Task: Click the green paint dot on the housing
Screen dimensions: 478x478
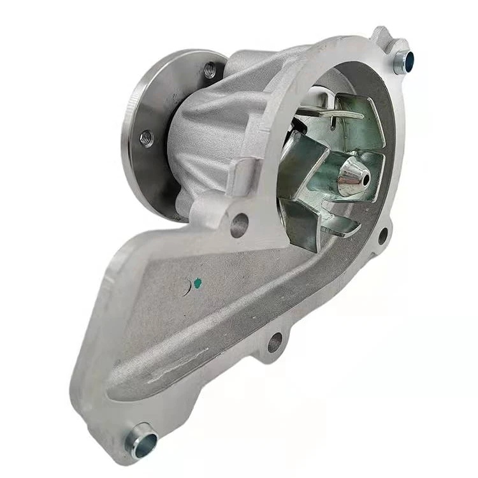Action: (x=197, y=280)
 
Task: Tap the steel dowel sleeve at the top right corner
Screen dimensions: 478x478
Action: (x=403, y=61)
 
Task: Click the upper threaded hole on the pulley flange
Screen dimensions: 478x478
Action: (x=210, y=70)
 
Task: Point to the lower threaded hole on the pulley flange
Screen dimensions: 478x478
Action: (x=147, y=138)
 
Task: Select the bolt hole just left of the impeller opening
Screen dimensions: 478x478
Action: (x=239, y=225)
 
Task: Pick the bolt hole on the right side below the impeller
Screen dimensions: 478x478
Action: (x=382, y=236)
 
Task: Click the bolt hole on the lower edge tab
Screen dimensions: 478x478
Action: (x=275, y=342)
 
